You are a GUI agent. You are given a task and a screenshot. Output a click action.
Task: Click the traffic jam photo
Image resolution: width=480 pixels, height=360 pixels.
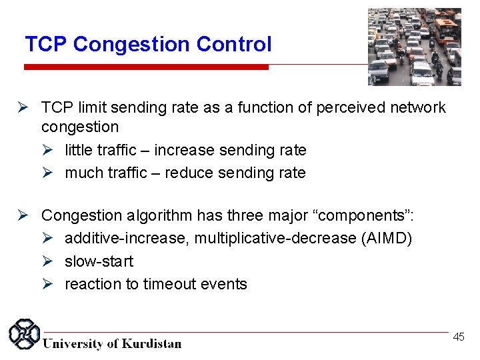[x=414, y=47]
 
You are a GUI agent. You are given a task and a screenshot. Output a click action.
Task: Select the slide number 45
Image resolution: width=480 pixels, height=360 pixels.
[x=459, y=337]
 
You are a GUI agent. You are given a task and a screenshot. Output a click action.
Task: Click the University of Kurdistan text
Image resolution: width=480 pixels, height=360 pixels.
[x=112, y=343]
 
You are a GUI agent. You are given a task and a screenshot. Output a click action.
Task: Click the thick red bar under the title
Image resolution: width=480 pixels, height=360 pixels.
[x=146, y=67]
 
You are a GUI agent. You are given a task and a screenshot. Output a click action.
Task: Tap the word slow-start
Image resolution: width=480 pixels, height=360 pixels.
[x=99, y=261]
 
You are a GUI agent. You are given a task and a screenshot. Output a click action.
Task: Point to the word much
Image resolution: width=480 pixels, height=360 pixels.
[x=82, y=173]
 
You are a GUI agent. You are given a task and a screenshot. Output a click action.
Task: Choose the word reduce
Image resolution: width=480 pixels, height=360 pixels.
[x=188, y=173]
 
